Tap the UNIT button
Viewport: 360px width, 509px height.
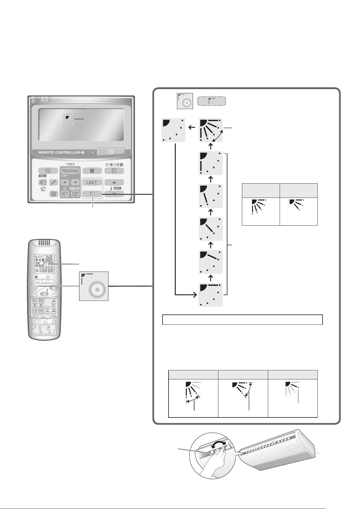click(x=92, y=182)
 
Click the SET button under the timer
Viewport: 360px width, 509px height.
click(x=65, y=194)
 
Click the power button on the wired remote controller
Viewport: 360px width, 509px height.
click(x=111, y=151)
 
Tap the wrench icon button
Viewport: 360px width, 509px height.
click(x=53, y=182)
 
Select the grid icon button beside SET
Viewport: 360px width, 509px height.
click(x=53, y=194)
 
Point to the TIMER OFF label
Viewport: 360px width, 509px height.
click(x=75, y=188)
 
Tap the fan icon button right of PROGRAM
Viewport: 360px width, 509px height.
click(x=92, y=171)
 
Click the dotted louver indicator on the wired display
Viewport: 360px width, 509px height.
click(x=69, y=119)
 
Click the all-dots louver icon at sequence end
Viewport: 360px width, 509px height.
click(x=173, y=130)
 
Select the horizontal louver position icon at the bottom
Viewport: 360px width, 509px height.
click(x=211, y=295)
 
